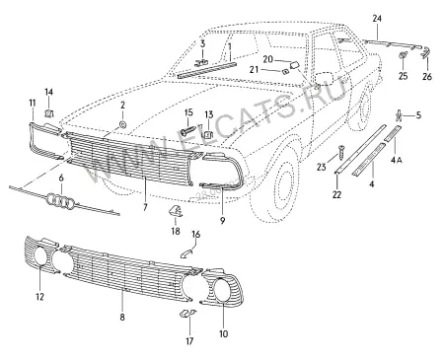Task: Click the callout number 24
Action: pyautogui.click(x=377, y=19)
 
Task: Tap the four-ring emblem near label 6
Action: pyautogui.click(x=61, y=200)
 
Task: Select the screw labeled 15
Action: pyautogui.click(x=188, y=130)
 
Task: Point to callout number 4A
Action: pyautogui.click(x=397, y=160)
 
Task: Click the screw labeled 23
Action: pyautogui.click(x=341, y=152)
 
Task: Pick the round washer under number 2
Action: pyautogui.click(x=122, y=125)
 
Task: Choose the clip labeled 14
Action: pyautogui.click(x=48, y=113)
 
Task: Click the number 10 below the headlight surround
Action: pyautogui.click(x=223, y=334)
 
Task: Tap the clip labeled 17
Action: pyautogui.click(x=187, y=314)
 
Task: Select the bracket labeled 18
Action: pyautogui.click(x=176, y=211)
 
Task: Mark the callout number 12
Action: pyautogui.click(x=39, y=297)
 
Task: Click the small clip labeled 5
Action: pyautogui.click(x=399, y=115)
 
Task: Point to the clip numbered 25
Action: pyautogui.click(x=403, y=55)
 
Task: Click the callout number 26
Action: pyautogui.click(x=427, y=77)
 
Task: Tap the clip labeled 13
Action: pyautogui.click(x=208, y=134)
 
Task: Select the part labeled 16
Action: pyautogui.click(x=187, y=253)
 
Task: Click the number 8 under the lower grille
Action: pyautogui.click(x=122, y=318)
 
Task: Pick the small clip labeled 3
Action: pyautogui.click(x=201, y=62)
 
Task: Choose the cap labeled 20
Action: pyautogui.click(x=294, y=64)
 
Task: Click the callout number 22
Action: pyautogui.click(x=336, y=194)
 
